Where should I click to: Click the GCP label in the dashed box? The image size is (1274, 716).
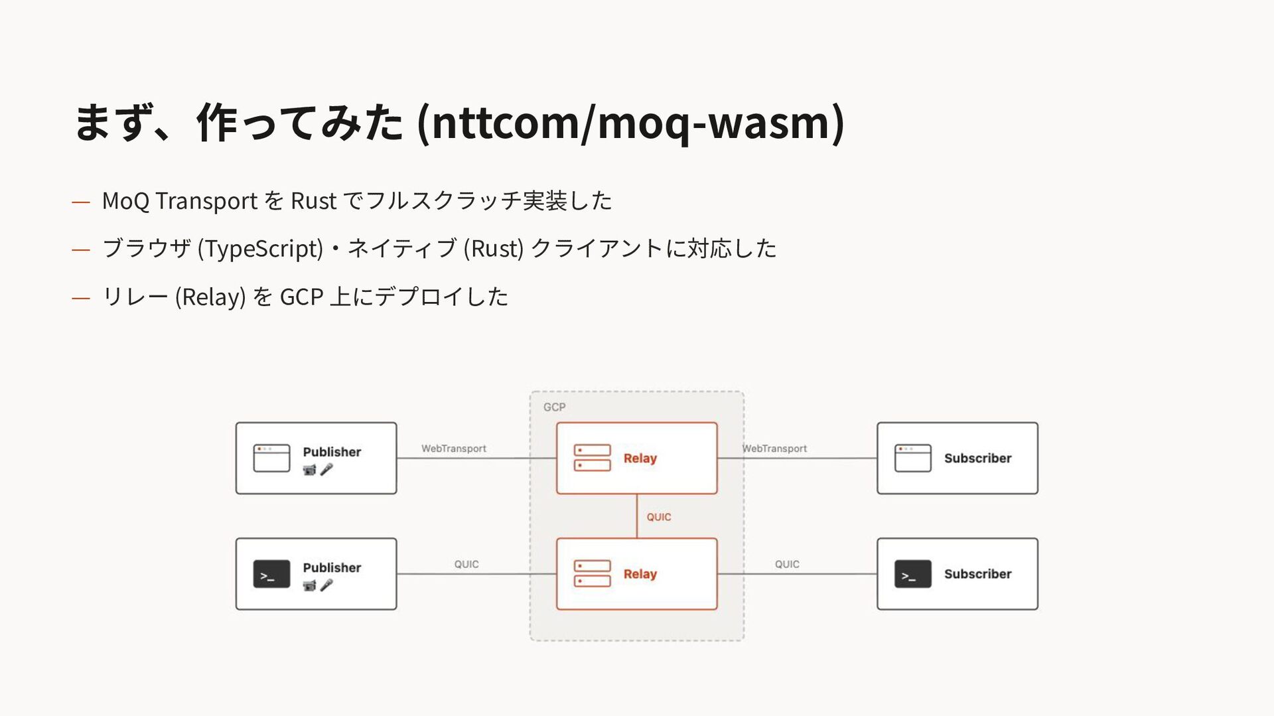pyautogui.click(x=554, y=407)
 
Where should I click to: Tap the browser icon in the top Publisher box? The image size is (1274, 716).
pyautogui.click(x=271, y=458)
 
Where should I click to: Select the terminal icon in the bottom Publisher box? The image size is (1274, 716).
pyautogui.click(x=271, y=574)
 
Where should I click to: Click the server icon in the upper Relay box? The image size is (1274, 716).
pyautogui.click(x=592, y=458)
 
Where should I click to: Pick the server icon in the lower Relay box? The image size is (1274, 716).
pyautogui.click(x=592, y=574)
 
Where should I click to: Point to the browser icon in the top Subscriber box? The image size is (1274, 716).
pyautogui.click(x=912, y=458)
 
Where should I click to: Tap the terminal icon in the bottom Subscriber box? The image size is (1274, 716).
pyautogui.click(x=912, y=574)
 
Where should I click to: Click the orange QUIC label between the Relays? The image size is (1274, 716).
pyautogui.click(x=659, y=517)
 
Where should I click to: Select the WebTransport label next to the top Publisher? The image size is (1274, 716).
pyautogui.click(x=454, y=449)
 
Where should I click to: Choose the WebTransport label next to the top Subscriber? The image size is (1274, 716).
pyautogui.click(x=774, y=449)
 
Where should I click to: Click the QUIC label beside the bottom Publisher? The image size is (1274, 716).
pyautogui.click(x=466, y=564)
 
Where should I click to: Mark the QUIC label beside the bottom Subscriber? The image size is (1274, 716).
pyautogui.click(x=787, y=564)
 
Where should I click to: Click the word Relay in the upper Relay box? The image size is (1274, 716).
pyautogui.click(x=640, y=459)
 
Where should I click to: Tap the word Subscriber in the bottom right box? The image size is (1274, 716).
pyautogui.click(x=977, y=574)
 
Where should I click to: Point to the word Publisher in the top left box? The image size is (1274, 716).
pyautogui.click(x=332, y=452)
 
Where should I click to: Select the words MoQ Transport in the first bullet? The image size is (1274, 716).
pyautogui.click(x=180, y=200)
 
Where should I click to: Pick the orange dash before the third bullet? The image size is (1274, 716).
pyautogui.click(x=81, y=298)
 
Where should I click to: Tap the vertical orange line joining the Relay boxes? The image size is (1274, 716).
pyautogui.click(x=637, y=516)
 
